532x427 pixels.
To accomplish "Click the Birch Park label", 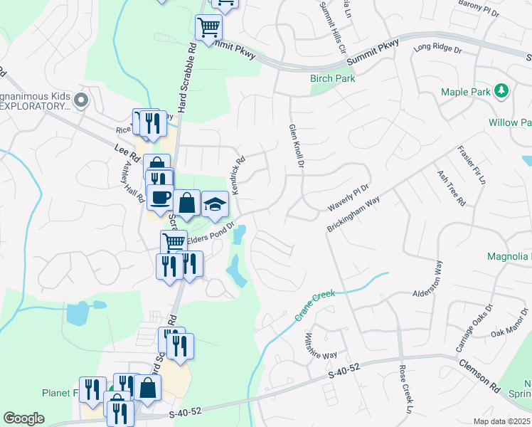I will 332,79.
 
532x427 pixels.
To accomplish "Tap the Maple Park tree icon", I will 502,90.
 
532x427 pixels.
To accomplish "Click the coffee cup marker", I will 160,196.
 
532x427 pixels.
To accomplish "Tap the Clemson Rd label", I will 479,374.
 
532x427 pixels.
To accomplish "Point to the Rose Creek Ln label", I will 405,389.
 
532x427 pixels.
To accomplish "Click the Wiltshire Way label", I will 321,346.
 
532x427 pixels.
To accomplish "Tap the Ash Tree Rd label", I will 450,188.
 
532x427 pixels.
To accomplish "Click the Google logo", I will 23,418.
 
